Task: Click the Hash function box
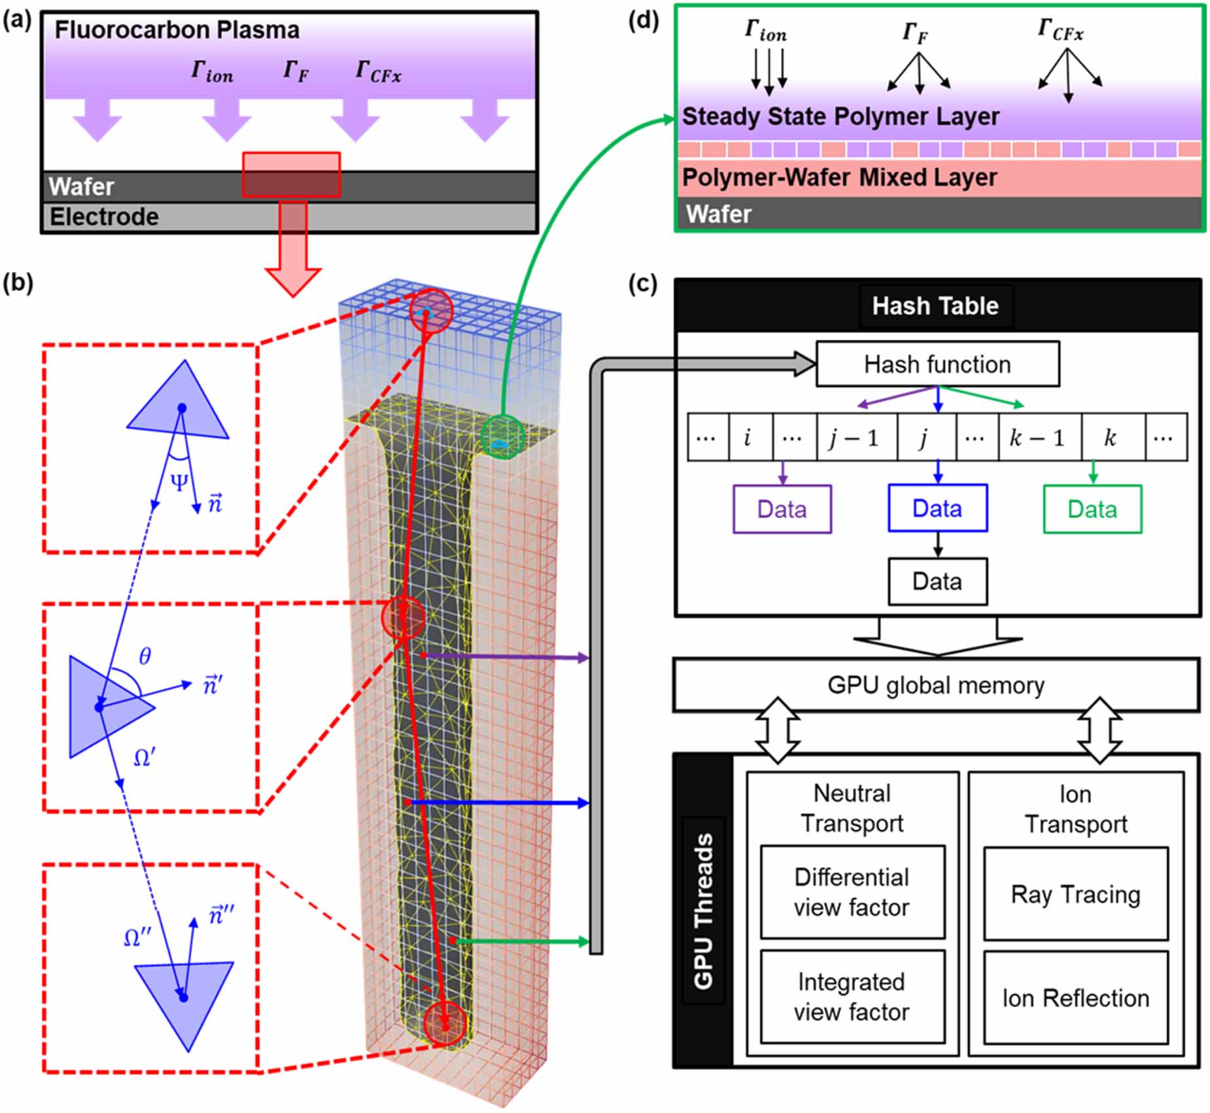tap(937, 364)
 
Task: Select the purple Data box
tap(782, 509)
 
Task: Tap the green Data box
tap(1092, 509)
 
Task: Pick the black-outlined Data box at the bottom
tap(937, 581)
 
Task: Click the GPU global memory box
tap(936, 685)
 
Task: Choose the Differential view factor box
tap(852, 892)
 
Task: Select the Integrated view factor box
tap(852, 997)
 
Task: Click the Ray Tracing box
tap(1075, 894)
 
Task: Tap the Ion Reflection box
tap(1075, 998)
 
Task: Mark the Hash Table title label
tap(935, 306)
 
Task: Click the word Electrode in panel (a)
tap(105, 217)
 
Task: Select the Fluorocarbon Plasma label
tap(177, 30)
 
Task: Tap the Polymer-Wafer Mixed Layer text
tap(839, 178)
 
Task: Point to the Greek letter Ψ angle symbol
tap(179, 482)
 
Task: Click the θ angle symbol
tap(145, 656)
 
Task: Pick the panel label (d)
tap(643, 21)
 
